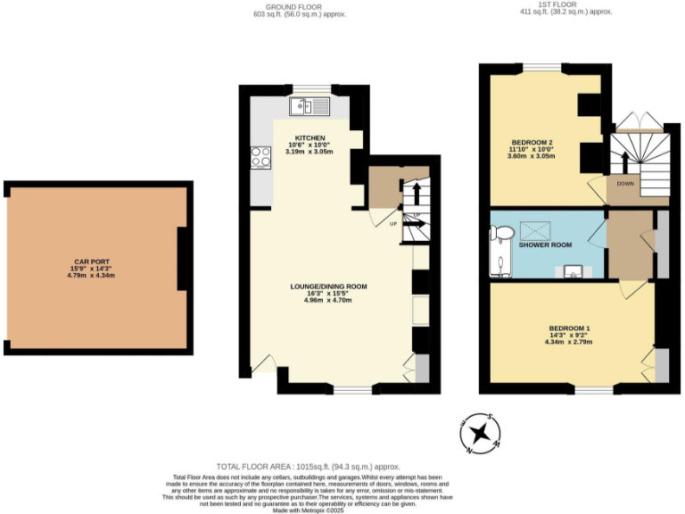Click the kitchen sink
(309, 107)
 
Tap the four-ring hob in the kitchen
(261, 157)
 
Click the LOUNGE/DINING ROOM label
(328, 286)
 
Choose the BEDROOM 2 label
(532, 142)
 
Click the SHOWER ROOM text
(545, 245)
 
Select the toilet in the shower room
(502, 234)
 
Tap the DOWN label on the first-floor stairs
(624, 183)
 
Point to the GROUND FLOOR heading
(298, 7)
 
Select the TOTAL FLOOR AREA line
(309, 467)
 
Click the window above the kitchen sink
(310, 87)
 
